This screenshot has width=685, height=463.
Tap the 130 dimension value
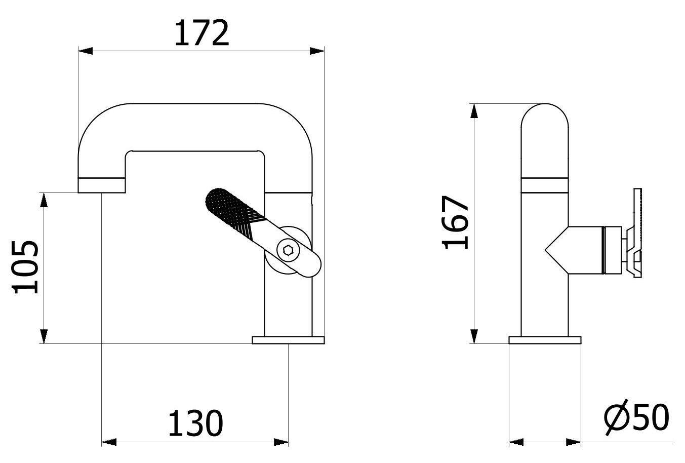coord(195,423)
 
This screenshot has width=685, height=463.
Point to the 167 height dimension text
coord(456,222)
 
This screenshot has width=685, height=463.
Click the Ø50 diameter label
coord(636,418)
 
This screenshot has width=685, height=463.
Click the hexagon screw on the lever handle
coord(288,249)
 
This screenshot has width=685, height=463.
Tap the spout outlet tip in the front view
coord(101,185)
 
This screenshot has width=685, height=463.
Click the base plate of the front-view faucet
coord(288,340)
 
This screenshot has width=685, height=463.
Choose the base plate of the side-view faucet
coord(545,340)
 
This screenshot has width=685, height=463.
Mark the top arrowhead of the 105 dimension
coord(45,200)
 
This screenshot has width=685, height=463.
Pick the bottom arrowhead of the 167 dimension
coord(474,336)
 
